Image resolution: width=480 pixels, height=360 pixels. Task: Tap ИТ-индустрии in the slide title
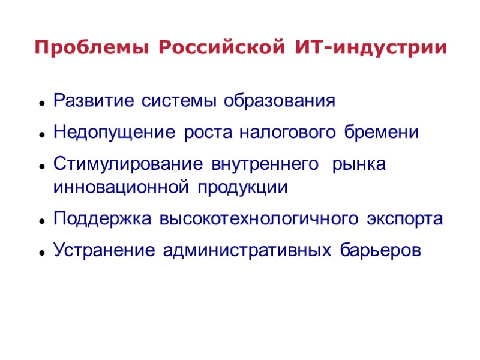(x=371, y=47)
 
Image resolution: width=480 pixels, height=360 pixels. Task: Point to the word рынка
(x=359, y=164)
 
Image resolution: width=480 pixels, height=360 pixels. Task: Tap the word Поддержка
(x=103, y=219)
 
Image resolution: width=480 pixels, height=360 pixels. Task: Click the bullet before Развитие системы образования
(x=43, y=103)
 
